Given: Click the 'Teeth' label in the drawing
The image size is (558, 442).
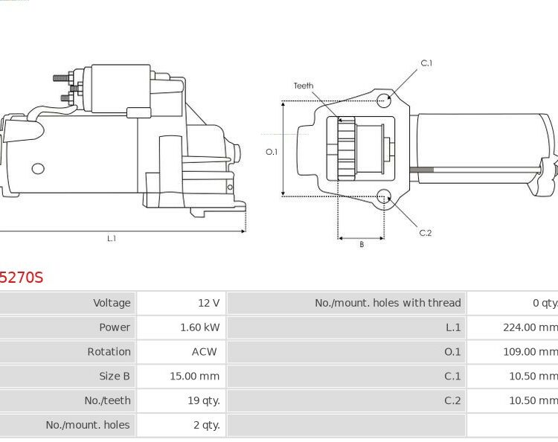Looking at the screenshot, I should coord(303,86).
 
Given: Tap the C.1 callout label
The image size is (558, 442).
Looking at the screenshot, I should coord(426,63).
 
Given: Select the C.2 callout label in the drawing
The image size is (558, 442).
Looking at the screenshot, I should coord(425,233).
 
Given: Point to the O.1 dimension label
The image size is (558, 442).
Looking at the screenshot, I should coord(272,152).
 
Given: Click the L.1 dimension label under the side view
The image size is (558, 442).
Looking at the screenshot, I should coord(112,239).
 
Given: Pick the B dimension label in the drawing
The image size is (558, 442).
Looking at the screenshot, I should coord(362,245).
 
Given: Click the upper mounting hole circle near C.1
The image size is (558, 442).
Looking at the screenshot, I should coord(384,100).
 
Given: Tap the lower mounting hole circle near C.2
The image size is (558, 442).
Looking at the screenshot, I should coord(384,196).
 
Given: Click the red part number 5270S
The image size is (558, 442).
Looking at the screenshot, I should coord(22,278).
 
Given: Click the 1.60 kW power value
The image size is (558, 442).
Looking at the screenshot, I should coord(199,327).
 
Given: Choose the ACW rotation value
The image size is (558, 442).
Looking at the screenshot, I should coord(204,352).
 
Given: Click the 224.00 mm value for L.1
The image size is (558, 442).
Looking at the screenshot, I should coord(530,327).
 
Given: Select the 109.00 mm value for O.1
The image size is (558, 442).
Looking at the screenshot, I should coord(530,352).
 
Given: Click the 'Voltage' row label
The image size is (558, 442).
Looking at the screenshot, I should coord(112,303).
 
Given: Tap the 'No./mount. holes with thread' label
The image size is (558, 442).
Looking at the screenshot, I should coord(388,303).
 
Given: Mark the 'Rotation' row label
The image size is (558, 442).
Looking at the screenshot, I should coord(109,352).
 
